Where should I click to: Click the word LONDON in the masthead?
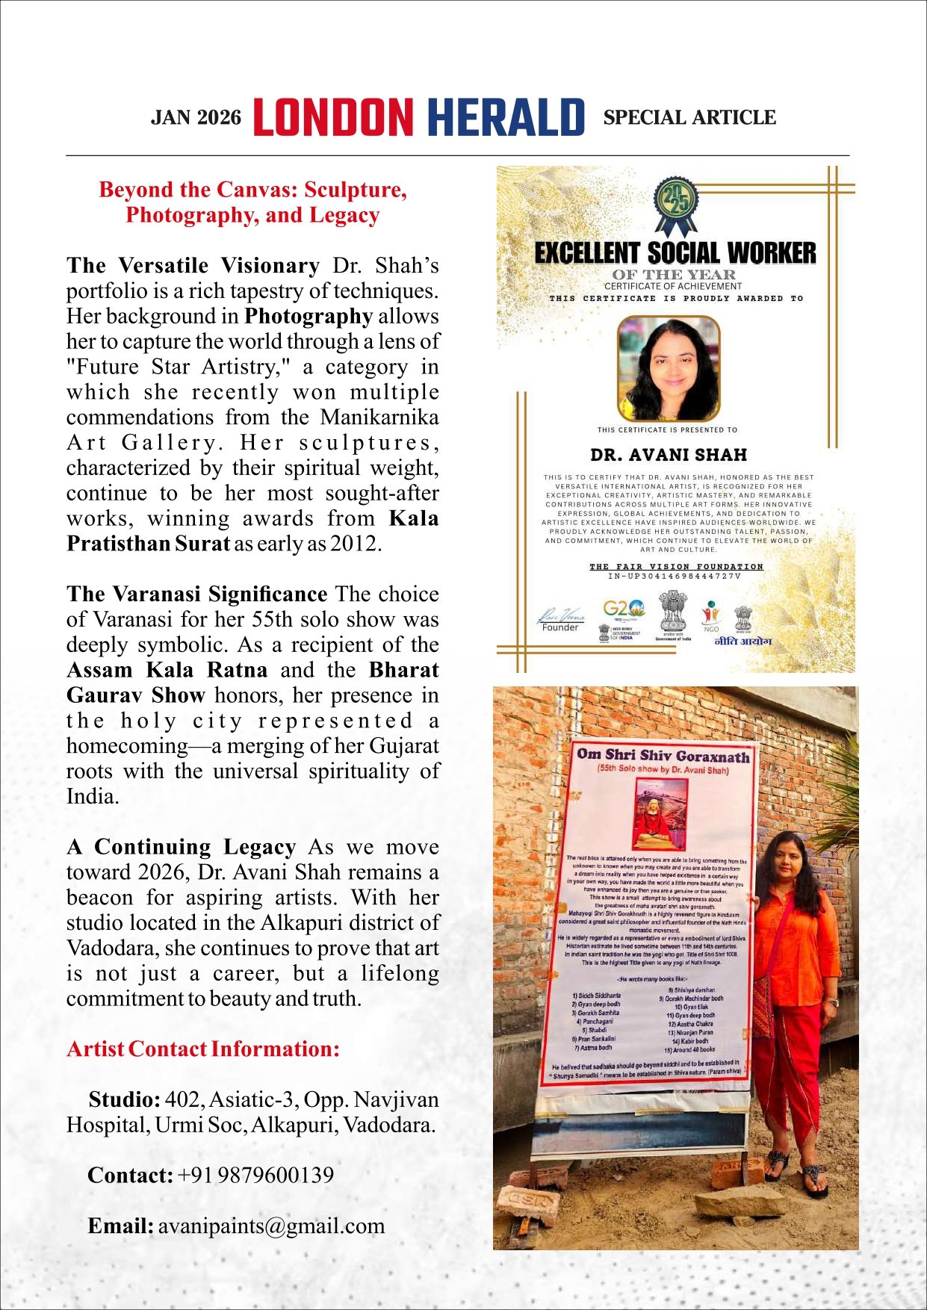pos(333,118)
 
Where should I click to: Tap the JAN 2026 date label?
pos(196,118)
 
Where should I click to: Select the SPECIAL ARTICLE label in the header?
pos(689,118)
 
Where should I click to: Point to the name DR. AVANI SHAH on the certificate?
pos(669,455)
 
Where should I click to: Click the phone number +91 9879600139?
pos(255,1175)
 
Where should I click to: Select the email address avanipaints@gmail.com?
pos(271,1226)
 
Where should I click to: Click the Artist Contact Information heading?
pos(203,1049)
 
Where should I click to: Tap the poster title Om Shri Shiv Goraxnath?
pos(663,755)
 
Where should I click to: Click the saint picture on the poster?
pos(662,814)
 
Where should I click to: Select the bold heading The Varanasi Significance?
pos(196,594)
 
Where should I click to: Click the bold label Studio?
pos(124,1099)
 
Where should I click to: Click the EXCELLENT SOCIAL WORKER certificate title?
pos(675,254)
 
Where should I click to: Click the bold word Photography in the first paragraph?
pos(309,316)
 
